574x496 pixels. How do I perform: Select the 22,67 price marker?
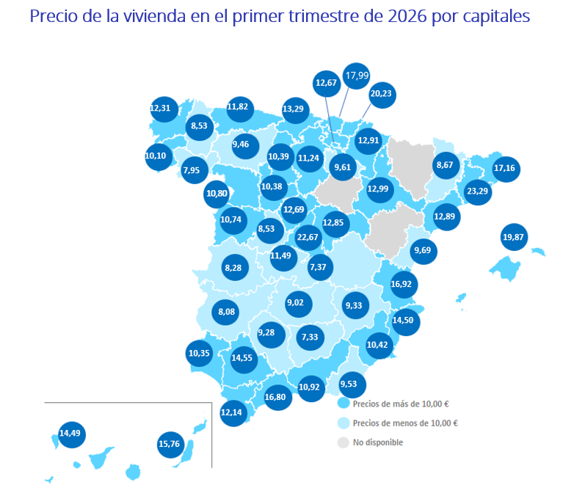pos(308,237)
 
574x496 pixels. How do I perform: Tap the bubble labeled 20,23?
pos(381,94)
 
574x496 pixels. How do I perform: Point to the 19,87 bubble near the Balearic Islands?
pos(514,237)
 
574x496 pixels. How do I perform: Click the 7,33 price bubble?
pos(310,337)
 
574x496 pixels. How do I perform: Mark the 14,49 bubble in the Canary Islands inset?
pos(70,433)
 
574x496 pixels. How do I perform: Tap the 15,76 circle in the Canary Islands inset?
pos(169,444)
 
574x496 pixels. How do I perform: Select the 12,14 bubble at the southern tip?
pos(230,412)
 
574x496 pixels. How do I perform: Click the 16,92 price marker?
pos(402,283)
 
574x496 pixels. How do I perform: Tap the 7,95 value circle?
pos(191,170)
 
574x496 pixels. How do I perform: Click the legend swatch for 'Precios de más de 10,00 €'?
pos(343,404)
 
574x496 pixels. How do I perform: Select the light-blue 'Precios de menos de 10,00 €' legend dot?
pos(343,423)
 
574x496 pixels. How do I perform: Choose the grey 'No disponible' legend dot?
pos(343,442)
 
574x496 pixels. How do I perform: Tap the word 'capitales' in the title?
pos(496,16)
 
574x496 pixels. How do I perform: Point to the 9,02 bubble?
pos(296,302)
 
